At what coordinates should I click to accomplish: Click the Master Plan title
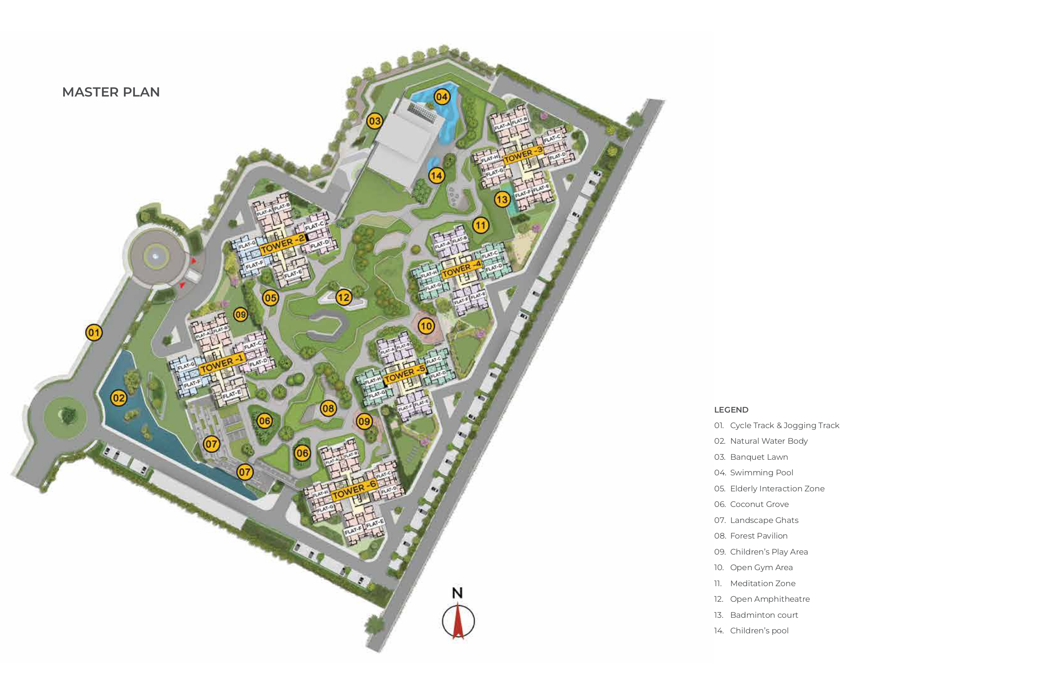tap(111, 92)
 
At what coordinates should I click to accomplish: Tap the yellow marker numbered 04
tap(441, 97)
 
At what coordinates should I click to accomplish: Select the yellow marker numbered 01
tap(94, 332)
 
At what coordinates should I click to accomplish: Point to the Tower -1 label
tap(221, 364)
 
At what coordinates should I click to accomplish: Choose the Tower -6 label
tap(354, 489)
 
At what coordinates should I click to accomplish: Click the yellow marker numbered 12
tap(343, 298)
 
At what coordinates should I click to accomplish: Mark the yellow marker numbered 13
tap(502, 200)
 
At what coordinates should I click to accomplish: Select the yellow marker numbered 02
tap(119, 398)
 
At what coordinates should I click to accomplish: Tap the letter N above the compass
tap(457, 593)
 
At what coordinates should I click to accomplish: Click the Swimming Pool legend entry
tap(761, 472)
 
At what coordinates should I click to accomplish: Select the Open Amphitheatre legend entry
tap(769, 599)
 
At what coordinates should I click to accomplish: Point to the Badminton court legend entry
tap(764, 615)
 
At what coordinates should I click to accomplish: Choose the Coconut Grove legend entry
tap(759, 504)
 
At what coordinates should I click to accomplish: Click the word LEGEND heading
tap(731, 410)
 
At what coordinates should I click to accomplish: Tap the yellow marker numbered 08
tap(328, 408)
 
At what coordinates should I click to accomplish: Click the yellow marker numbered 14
tap(436, 176)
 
